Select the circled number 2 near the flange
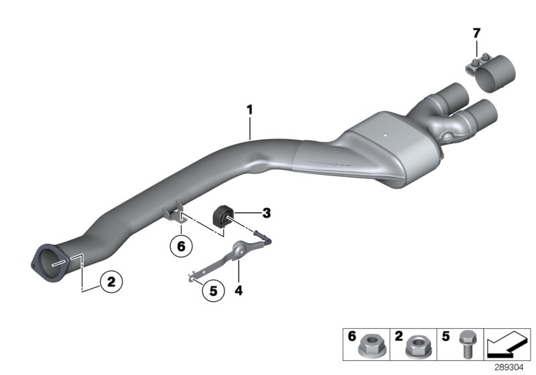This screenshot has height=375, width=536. click(x=111, y=282)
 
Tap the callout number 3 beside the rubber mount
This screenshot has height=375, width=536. click(x=266, y=214)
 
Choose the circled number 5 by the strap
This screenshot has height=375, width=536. click(x=212, y=291)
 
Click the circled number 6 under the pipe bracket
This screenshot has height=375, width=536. click(x=180, y=246)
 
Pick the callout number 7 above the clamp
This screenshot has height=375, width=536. click(x=476, y=33)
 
